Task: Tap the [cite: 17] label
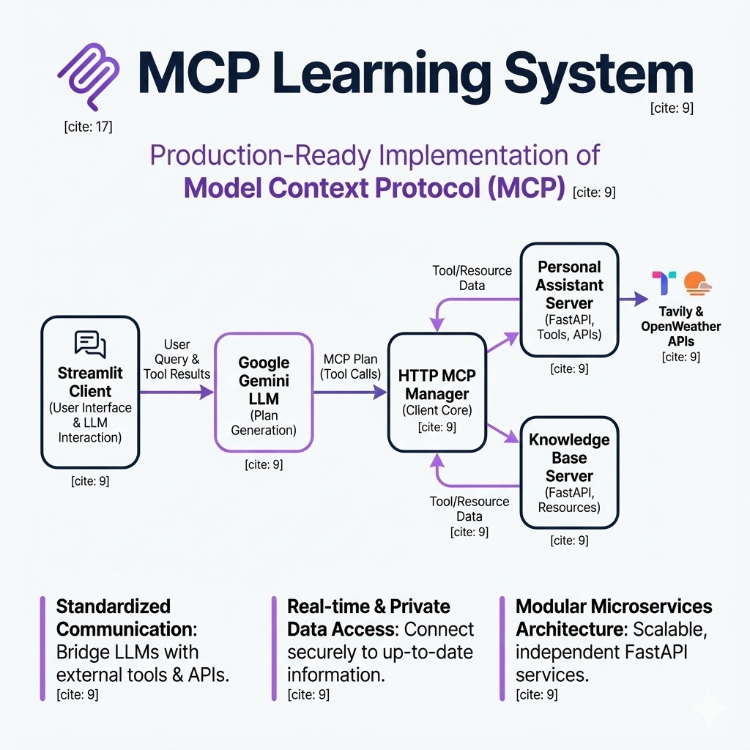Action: (x=88, y=127)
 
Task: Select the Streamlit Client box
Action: (x=90, y=392)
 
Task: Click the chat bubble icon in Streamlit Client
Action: (x=90, y=344)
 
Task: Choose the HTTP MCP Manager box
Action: (x=437, y=392)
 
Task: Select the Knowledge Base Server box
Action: (x=569, y=472)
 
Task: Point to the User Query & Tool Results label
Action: (x=177, y=359)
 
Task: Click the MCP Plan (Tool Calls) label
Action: (x=351, y=366)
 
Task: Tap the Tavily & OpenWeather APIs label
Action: (x=681, y=326)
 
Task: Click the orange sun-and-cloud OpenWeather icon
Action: (x=697, y=283)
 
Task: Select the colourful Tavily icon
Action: (x=664, y=283)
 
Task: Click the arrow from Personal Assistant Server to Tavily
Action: (x=634, y=299)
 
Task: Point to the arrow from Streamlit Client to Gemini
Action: (x=176, y=393)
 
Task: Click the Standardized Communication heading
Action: (x=114, y=617)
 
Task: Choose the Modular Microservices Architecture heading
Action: (x=614, y=617)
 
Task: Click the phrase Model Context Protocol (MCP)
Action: (x=374, y=187)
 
